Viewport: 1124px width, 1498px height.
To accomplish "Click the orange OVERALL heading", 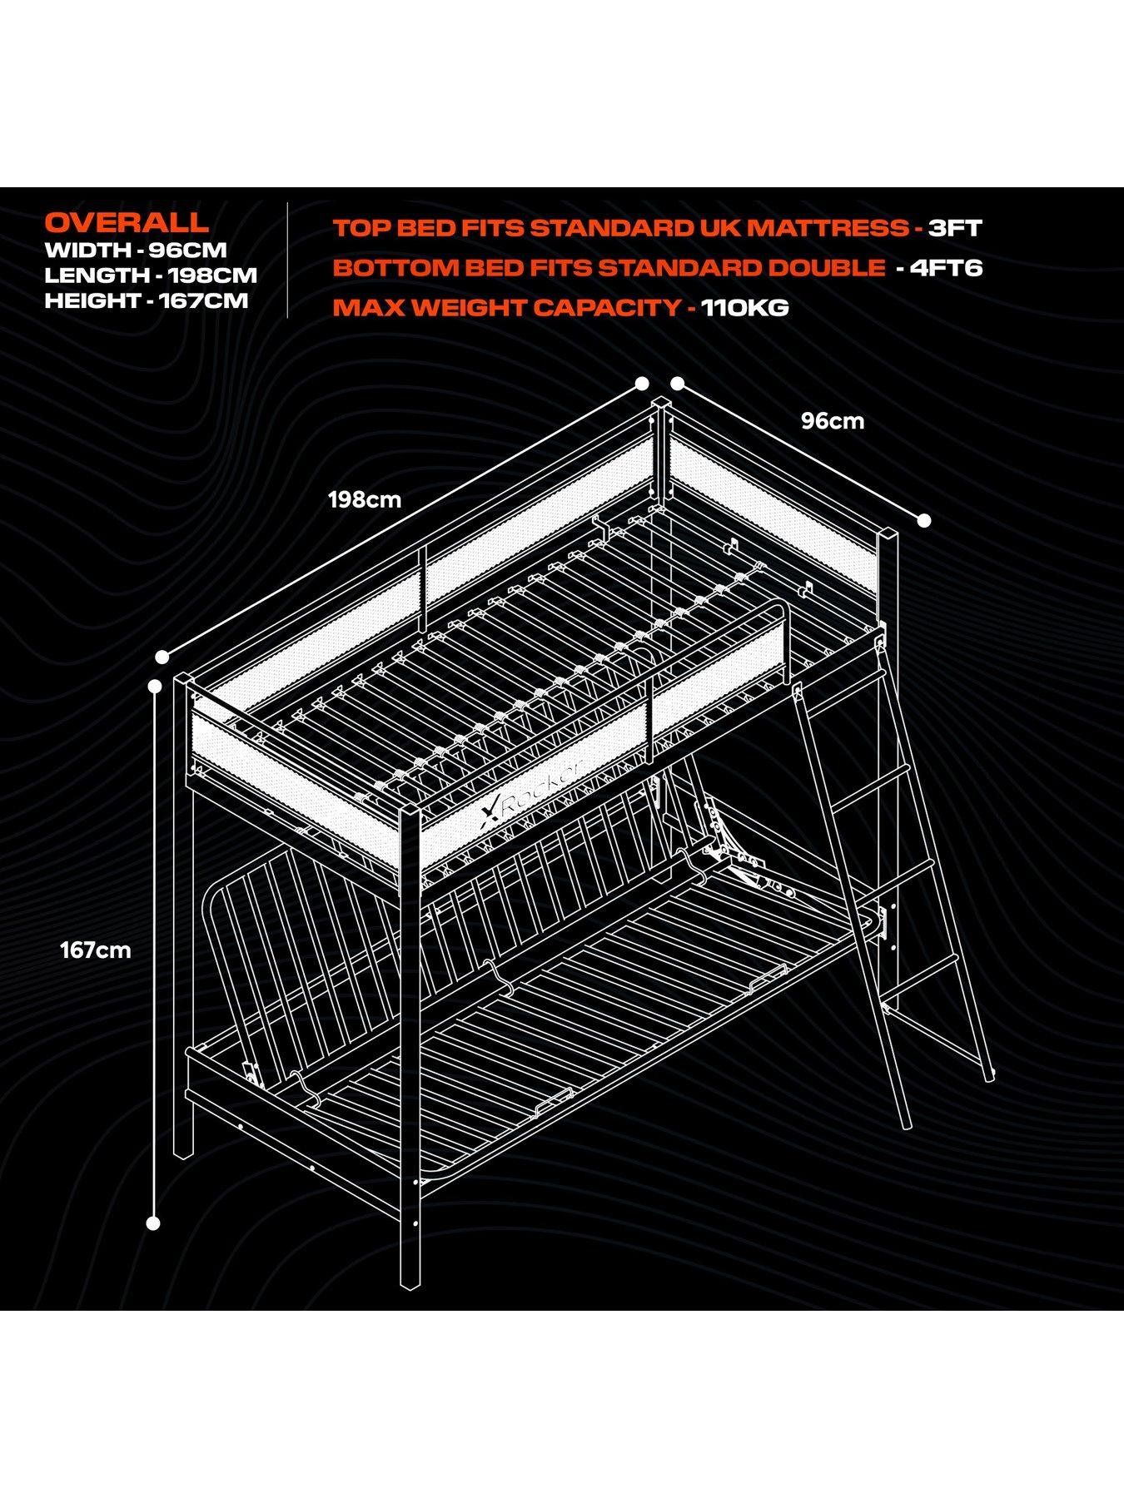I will [x=127, y=222].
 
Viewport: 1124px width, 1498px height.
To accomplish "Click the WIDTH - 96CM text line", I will [x=136, y=250].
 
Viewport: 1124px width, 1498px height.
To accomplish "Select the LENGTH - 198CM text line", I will [x=151, y=275].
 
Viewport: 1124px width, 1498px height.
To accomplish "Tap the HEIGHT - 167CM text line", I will [x=147, y=300].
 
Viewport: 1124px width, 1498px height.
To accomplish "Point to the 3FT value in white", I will [x=955, y=228].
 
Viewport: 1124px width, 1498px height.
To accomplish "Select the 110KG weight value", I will [x=744, y=308].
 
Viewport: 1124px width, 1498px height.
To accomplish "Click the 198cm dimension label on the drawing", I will [x=365, y=500].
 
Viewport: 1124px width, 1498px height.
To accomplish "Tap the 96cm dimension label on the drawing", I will [x=833, y=421].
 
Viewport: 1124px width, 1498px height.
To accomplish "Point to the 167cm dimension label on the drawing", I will [x=96, y=950].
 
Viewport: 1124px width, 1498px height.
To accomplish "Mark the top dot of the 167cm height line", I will [x=154, y=686].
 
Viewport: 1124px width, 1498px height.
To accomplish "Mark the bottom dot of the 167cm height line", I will [x=153, y=1223].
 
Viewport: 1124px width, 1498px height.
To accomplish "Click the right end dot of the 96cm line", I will [x=923, y=521].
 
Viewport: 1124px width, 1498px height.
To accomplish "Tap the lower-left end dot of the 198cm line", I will [x=162, y=657].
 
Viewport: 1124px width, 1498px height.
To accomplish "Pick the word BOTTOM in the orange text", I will [x=384, y=268].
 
